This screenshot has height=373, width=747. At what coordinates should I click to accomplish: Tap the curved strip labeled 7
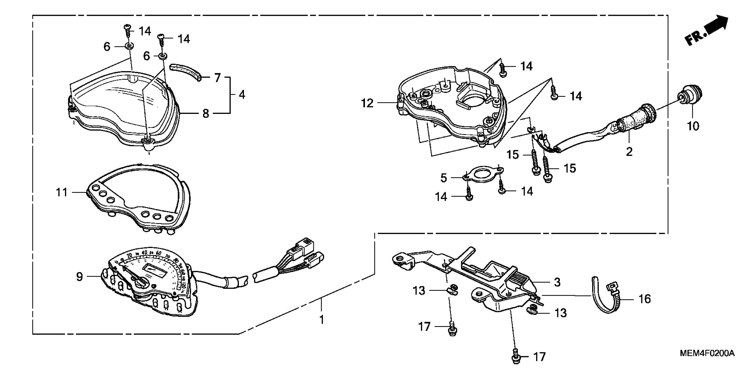(185, 71)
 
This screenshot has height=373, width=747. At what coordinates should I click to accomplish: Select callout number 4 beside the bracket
(242, 95)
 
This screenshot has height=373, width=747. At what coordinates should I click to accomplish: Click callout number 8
(206, 113)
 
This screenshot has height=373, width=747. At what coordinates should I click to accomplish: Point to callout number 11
(61, 192)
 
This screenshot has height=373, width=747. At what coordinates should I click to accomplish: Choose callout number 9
(79, 276)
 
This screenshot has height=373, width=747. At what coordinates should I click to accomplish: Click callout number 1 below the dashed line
(321, 320)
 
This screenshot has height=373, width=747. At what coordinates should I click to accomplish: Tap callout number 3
(557, 282)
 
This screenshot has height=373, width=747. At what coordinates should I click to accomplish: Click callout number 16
(645, 299)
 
